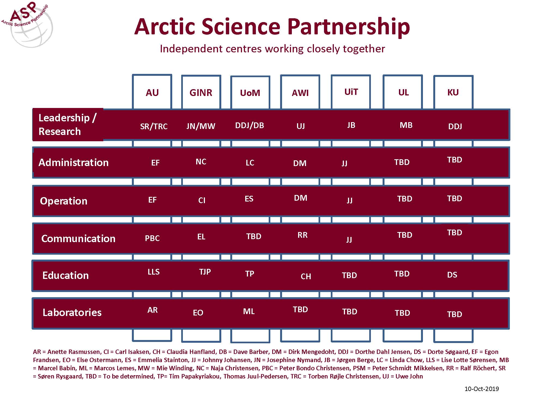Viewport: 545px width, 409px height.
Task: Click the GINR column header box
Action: pyautogui.click(x=201, y=92)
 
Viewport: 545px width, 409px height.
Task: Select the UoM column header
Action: pyautogui.click(x=250, y=93)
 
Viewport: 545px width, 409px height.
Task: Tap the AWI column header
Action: pyautogui.click(x=300, y=93)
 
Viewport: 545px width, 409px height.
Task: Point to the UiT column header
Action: pyautogui.click(x=351, y=92)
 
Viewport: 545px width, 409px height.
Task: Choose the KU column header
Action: pyautogui.click(x=453, y=92)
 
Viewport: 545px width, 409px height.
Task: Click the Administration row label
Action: pyautogui.click(x=74, y=163)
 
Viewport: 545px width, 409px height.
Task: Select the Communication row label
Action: pyautogui.click(x=78, y=239)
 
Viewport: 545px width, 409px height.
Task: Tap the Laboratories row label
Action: pyautogui.click(x=72, y=312)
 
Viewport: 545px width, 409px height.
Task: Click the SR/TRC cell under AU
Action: pyautogui.click(x=154, y=127)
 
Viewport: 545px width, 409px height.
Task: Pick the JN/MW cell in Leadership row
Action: pyautogui.click(x=201, y=126)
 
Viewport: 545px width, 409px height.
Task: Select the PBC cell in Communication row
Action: pyautogui.click(x=152, y=238)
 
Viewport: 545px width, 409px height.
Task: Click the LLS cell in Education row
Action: pyautogui.click(x=154, y=272)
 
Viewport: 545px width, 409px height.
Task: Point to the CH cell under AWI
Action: pyautogui.click(x=306, y=276)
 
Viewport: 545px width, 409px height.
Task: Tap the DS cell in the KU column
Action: pyautogui.click(x=452, y=275)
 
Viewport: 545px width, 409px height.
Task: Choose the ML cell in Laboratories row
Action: pyautogui.click(x=249, y=311)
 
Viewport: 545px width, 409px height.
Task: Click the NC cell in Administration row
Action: pyautogui.click(x=201, y=162)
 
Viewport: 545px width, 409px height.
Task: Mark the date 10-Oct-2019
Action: pyautogui.click(x=482, y=389)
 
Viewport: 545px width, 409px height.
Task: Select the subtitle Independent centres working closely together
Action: pyautogui.click(x=272, y=49)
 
